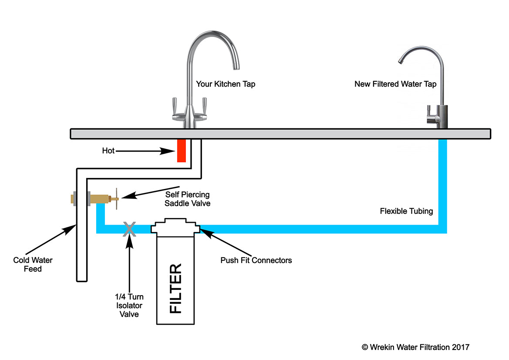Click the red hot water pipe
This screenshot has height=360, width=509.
click(182, 151)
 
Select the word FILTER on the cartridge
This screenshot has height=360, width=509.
click(175, 288)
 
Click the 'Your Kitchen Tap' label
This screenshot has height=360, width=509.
click(226, 84)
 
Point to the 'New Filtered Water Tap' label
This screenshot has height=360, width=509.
click(395, 84)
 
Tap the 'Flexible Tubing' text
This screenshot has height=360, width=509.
click(406, 211)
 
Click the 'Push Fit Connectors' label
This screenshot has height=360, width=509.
click(256, 260)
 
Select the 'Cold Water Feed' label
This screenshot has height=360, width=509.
click(33, 265)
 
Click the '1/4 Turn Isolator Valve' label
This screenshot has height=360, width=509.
click(129, 305)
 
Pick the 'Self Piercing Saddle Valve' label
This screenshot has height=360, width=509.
click(188, 199)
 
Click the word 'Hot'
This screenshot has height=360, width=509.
click(108, 151)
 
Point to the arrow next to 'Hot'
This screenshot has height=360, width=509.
click(146, 151)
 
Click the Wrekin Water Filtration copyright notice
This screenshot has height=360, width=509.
click(415, 347)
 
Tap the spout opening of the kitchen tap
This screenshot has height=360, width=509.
click(236, 67)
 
